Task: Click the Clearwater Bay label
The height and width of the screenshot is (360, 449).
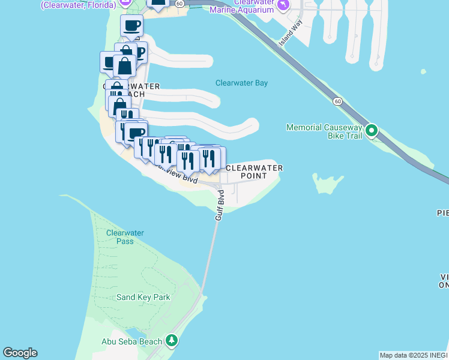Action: (x=241, y=83)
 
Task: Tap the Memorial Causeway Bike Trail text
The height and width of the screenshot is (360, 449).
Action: (x=324, y=131)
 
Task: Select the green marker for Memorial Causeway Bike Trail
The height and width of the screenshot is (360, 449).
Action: (x=372, y=130)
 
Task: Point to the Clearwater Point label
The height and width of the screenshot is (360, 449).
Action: (x=253, y=172)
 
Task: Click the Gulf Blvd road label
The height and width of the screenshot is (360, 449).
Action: (x=220, y=205)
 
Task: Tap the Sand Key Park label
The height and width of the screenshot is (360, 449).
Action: (x=143, y=297)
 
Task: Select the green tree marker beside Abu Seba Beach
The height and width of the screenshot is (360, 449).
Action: (x=172, y=341)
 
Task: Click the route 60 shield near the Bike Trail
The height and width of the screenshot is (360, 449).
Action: (x=338, y=101)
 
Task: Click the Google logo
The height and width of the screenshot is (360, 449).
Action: (x=20, y=353)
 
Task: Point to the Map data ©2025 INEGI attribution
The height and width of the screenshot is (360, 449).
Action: (x=414, y=355)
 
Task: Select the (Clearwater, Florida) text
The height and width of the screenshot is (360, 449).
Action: (x=78, y=5)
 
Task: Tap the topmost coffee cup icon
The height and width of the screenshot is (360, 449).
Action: (x=132, y=26)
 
